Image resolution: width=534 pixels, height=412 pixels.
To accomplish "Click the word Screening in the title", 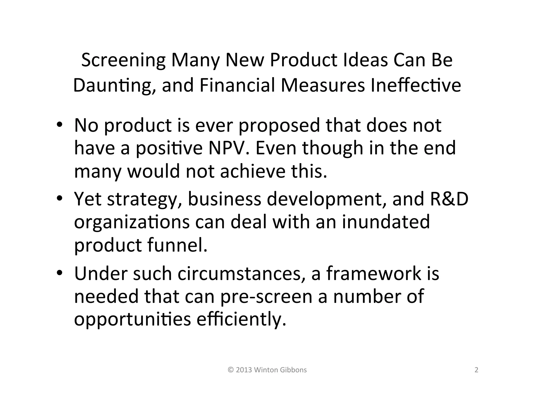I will [123, 60].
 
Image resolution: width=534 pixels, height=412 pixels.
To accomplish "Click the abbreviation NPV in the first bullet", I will [227, 148].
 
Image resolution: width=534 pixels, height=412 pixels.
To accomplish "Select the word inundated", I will [386, 222].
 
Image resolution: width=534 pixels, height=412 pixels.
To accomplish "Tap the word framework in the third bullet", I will [374, 273].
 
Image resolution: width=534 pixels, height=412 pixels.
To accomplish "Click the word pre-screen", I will [266, 296].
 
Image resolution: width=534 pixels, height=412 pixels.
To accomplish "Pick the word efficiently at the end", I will [241, 319].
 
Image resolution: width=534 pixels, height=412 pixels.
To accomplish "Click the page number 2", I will [476, 370].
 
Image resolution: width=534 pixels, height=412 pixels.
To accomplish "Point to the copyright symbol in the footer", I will [230, 370].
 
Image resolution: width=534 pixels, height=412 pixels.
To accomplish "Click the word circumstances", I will [239, 273].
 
